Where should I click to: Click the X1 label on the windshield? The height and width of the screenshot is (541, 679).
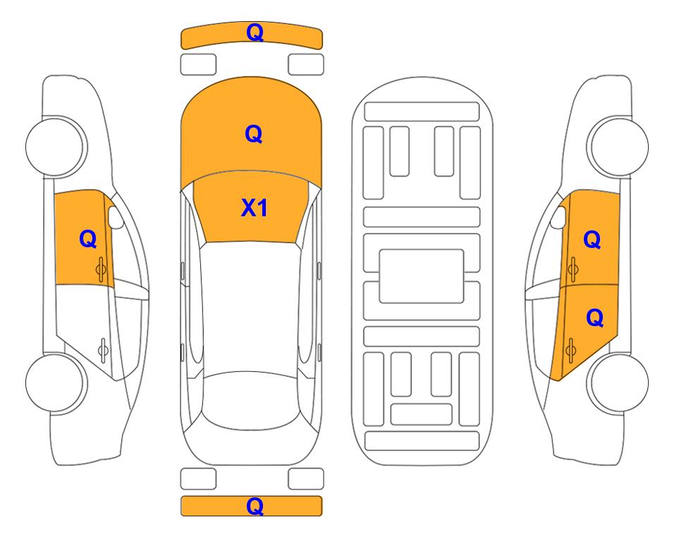255,208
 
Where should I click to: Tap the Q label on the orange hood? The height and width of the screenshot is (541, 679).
254,134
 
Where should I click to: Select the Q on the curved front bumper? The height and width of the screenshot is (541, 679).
255,32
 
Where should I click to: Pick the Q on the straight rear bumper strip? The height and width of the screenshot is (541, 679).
255,506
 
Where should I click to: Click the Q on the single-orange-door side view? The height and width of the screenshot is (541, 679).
88,239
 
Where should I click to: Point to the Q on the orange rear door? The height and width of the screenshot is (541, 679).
594,318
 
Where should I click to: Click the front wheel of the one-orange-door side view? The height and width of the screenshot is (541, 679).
56,147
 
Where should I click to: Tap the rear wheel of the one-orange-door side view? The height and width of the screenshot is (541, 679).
56,383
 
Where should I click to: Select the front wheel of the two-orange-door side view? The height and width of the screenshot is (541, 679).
618,147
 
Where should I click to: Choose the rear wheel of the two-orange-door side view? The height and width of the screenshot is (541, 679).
618,383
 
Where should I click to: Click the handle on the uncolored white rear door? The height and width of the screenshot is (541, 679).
103,349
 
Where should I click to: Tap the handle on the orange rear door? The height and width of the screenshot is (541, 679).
570,351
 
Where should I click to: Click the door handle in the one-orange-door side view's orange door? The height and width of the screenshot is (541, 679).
101,269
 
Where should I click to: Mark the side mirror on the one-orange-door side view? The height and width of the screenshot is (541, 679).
116,217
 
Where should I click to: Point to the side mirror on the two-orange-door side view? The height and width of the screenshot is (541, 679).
558,217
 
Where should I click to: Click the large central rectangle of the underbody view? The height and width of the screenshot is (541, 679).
422,276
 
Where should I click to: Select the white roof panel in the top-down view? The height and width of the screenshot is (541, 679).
250,308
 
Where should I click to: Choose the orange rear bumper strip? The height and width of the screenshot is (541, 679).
251,506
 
